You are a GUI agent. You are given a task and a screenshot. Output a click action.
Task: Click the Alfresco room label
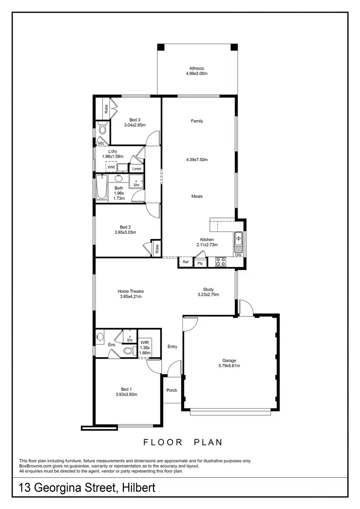[197, 68]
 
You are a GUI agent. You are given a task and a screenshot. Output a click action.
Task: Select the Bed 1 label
[127, 389]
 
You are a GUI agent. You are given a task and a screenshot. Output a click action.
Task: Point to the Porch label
[172, 390]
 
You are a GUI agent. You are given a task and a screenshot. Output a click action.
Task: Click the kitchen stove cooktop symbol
[221, 262]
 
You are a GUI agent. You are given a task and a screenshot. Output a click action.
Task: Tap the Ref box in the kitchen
[185, 262]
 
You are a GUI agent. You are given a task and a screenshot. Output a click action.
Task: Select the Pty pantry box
[200, 263]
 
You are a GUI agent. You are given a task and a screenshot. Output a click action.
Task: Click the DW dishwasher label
[239, 255]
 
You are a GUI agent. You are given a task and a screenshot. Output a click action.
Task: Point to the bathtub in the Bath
[102, 188]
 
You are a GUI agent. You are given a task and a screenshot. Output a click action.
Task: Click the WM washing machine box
[111, 167]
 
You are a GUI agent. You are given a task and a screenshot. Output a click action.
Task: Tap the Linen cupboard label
[137, 169]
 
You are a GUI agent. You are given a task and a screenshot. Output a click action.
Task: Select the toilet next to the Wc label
[102, 129]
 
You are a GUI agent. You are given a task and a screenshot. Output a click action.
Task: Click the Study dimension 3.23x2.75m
[208, 295]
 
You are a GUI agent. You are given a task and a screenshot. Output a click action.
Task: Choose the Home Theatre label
[131, 291]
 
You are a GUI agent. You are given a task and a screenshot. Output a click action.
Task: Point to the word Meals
[197, 196]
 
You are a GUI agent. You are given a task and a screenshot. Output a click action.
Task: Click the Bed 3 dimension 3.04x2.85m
[134, 125]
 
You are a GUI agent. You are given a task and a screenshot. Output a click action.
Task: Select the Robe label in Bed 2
[156, 248]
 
